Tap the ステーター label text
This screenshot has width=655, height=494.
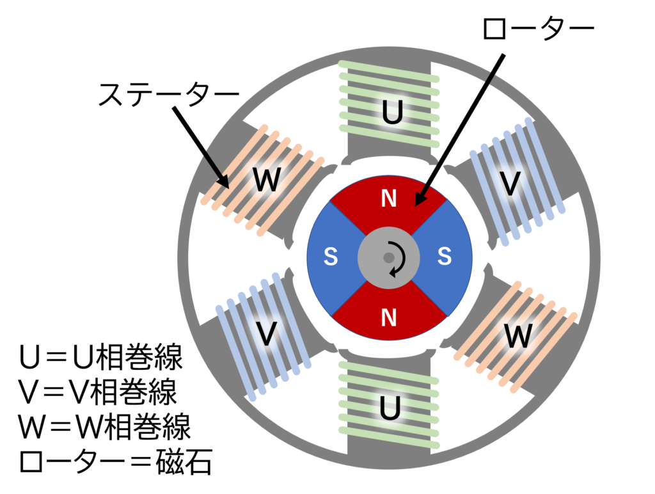coord(168,94)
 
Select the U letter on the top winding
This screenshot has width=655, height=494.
coord(393,112)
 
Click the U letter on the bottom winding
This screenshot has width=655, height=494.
coord(390,407)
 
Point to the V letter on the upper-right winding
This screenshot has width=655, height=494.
coord(510,184)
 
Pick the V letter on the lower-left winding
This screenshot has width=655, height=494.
coord(267,333)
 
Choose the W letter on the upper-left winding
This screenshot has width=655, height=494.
coord(267,180)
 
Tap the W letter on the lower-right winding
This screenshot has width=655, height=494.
coord(518,335)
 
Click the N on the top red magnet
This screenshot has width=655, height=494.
coord(389,198)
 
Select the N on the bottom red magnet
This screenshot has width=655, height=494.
coord(389,317)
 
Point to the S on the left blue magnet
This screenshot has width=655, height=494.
coord(331,256)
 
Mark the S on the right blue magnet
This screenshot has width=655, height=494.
coord(445,256)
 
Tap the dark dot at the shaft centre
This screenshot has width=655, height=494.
coord(389,257)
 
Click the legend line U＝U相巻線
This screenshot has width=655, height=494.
coord(101,357)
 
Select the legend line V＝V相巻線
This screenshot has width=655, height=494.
coord(98,392)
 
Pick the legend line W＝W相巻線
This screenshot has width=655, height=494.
coord(104,427)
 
